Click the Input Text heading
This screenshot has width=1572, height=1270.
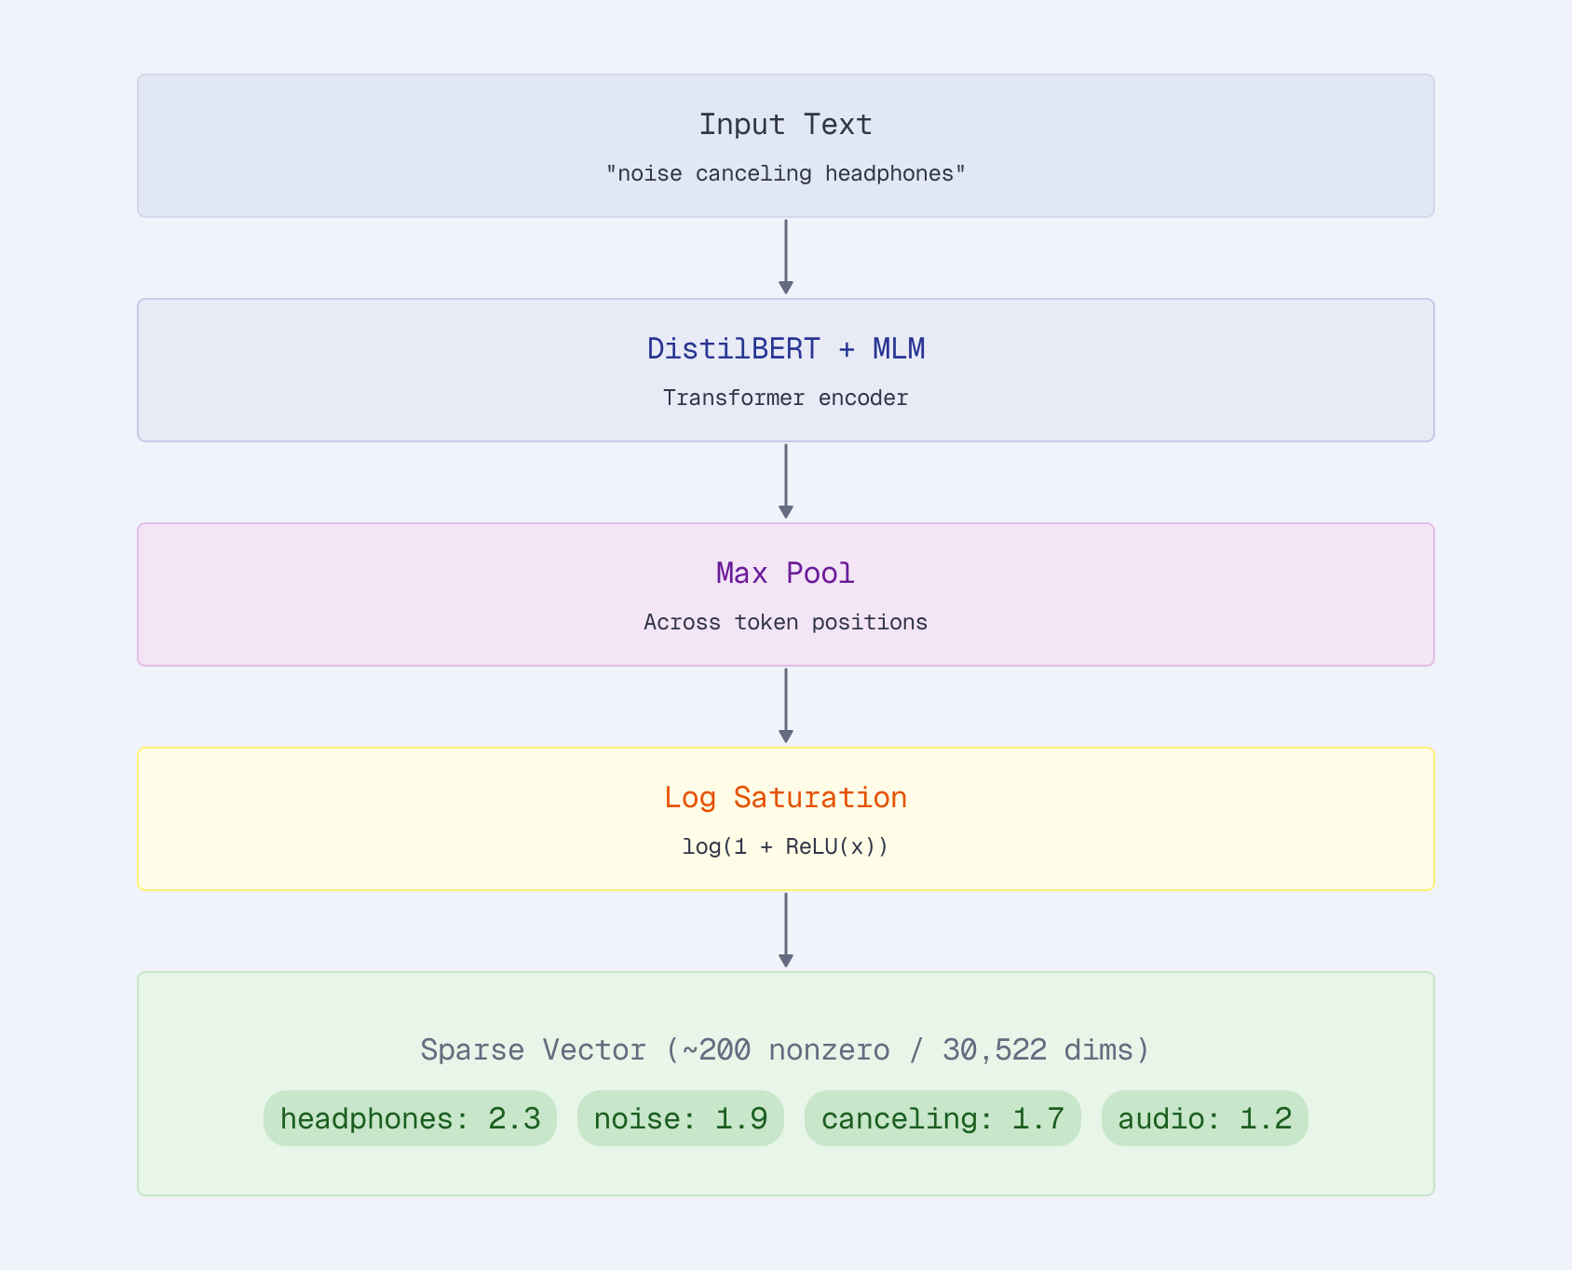click(x=785, y=125)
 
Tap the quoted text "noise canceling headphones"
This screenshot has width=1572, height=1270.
click(x=785, y=174)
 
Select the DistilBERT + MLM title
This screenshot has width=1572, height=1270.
click(x=785, y=349)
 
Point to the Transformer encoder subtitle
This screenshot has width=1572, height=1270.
click(x=785, y=399)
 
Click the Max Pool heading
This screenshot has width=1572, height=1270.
click(x=785, y=574)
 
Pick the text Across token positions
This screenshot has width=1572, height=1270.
click(x=785, y=623)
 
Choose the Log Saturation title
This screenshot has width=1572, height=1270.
click(x=785, y=798)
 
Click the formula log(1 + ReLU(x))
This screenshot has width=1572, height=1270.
click(x=785, y=847)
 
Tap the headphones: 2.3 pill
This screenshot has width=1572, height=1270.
click(x=410, y=1118)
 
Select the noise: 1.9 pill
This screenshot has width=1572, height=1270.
click(x=680, y=1118)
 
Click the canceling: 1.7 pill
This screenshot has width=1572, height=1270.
click(x=942, y=1118)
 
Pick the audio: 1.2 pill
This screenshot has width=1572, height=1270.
click(x=1204, y=1118)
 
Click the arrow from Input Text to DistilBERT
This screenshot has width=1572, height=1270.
click(x=785, y=257)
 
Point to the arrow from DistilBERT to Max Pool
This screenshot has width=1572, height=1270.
click(x=785, y=481)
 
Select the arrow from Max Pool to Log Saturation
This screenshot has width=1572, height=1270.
click(x=785, y=706)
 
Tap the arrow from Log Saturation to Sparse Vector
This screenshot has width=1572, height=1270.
click(x=785, y=930)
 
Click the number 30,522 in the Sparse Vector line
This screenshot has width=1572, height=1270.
click(x=994, y=1050)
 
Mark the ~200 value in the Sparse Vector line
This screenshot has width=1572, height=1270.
click(x=716, y=1050)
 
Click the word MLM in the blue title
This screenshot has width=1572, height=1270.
click(x=898, y=349)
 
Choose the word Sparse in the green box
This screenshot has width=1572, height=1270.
click(x=471, y=1050)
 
